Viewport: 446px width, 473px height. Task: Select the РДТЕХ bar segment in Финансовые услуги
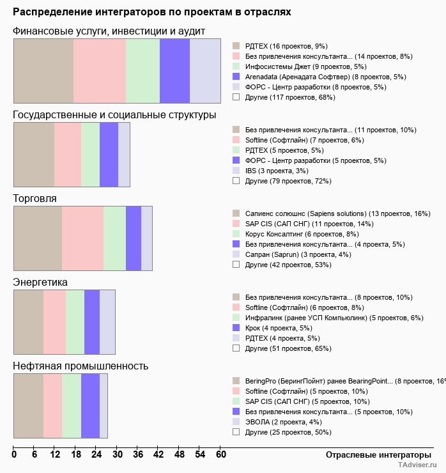(43, 70)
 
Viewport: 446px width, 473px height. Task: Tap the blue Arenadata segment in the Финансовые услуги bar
(174, 70)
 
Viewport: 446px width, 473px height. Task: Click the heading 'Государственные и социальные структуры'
(114, 115)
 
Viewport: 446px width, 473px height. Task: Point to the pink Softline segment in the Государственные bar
(68, 154)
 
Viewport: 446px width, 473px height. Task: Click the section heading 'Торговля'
(35, 199)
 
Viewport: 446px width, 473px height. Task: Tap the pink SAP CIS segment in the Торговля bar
(82, 238)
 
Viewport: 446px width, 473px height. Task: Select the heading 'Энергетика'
(40, 283)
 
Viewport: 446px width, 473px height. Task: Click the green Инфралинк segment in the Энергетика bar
(75, 322)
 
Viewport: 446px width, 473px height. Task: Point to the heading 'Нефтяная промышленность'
(81, 366)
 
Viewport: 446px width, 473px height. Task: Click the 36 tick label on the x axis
(138, 454)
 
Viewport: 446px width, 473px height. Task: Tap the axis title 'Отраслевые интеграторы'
(374, 454)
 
